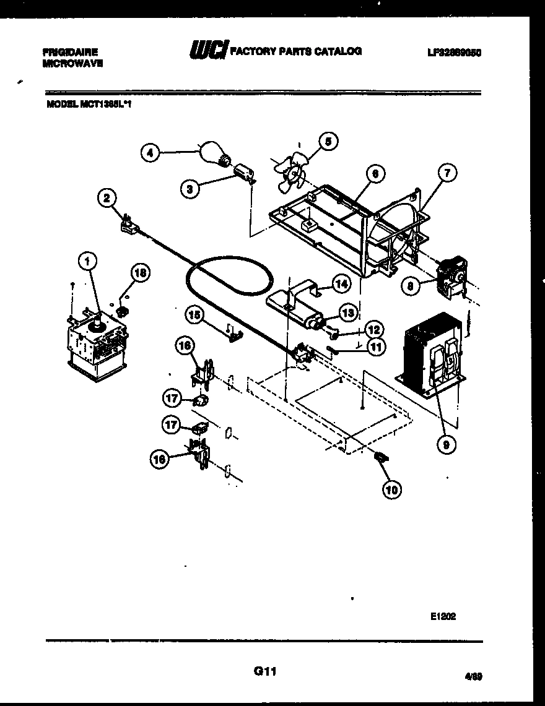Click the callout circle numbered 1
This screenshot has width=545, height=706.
click(88, 262)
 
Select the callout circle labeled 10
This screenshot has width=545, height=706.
click(391, 489)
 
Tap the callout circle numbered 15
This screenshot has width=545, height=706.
click(196, 315)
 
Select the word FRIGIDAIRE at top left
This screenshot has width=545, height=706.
click(70, 52)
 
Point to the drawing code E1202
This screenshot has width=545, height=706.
click(443, 616)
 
